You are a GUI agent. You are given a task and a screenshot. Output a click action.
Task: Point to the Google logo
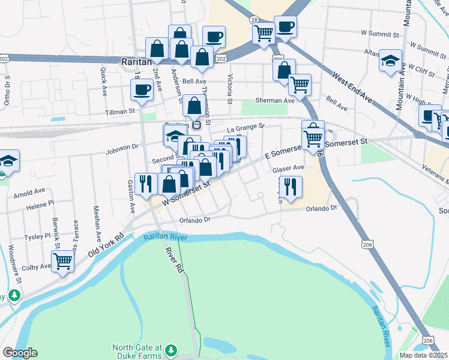coord(20,353)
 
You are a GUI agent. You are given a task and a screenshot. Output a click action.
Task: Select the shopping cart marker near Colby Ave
coord(62,262)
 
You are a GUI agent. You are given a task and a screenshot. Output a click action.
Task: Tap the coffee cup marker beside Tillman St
coord(142,90)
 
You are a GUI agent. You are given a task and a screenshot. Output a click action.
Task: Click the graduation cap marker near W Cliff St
coord(391,60)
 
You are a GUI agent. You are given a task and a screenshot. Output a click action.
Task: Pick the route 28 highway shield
coord(255,20)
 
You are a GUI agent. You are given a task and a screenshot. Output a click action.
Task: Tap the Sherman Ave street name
coord(275,101)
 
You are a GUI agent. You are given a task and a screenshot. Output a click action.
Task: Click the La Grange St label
coord(245,128)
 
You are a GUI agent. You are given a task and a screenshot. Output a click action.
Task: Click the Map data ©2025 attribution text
coord(423,355)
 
